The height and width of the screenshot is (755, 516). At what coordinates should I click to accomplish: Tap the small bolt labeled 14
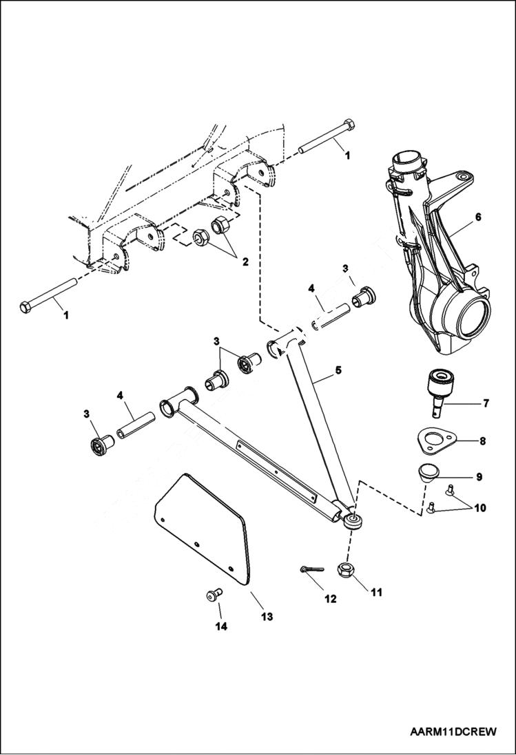click(213, 596)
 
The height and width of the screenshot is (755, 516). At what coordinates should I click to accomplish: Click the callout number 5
click(338, 370)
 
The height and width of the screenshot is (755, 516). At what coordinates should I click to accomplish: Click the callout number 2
click(242, 262)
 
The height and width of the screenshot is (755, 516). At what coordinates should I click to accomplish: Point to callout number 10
click(479, 509)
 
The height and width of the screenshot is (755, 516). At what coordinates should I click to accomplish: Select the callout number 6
click(477, 216)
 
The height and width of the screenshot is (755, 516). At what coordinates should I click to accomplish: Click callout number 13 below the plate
click(267, 617)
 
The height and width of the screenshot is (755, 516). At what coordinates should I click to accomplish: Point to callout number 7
click(486, 403)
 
